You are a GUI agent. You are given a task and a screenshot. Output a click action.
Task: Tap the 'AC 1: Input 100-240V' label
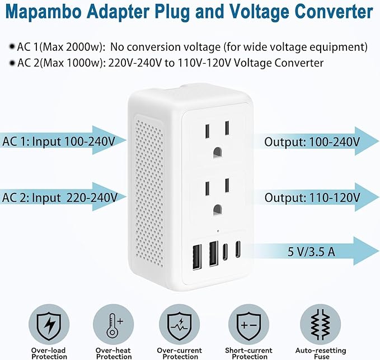click(58, 141)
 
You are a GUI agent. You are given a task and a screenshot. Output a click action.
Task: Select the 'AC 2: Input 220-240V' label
click(59, 197)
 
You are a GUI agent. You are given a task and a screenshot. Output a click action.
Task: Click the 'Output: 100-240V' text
click(312, 141)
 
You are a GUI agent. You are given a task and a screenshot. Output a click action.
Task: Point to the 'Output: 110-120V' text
click(312, 197)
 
